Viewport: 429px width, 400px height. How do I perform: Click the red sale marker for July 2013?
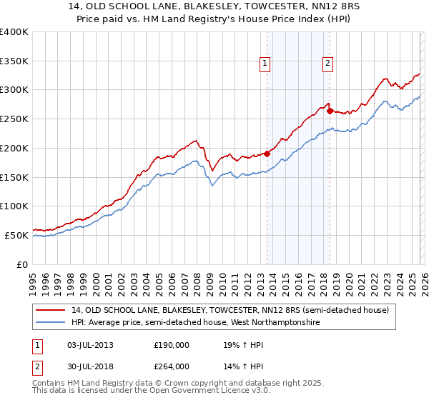tap(267, 153)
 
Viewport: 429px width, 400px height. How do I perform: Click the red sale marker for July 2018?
tap(330, 110)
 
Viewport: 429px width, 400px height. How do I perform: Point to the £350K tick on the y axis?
tap(14, 61)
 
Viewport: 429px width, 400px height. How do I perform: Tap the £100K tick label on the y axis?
tap(14, 206)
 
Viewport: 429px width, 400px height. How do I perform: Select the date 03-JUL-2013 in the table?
tap(87, 344)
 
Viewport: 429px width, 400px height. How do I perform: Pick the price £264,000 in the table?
tap(172, 366)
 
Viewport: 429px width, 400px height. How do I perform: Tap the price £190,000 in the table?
tap(172, 344)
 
